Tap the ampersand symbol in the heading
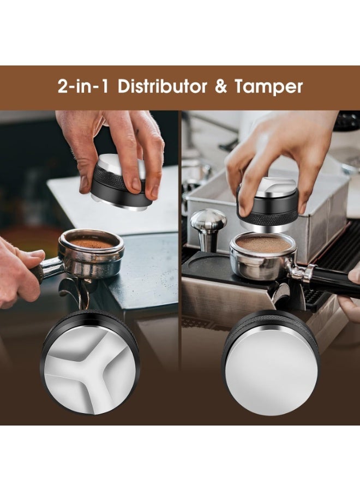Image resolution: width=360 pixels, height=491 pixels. (x=221, y=87)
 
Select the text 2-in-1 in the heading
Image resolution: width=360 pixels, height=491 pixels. (x=82, y=87)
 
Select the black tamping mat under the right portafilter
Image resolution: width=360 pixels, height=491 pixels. (x=207, y=267)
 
